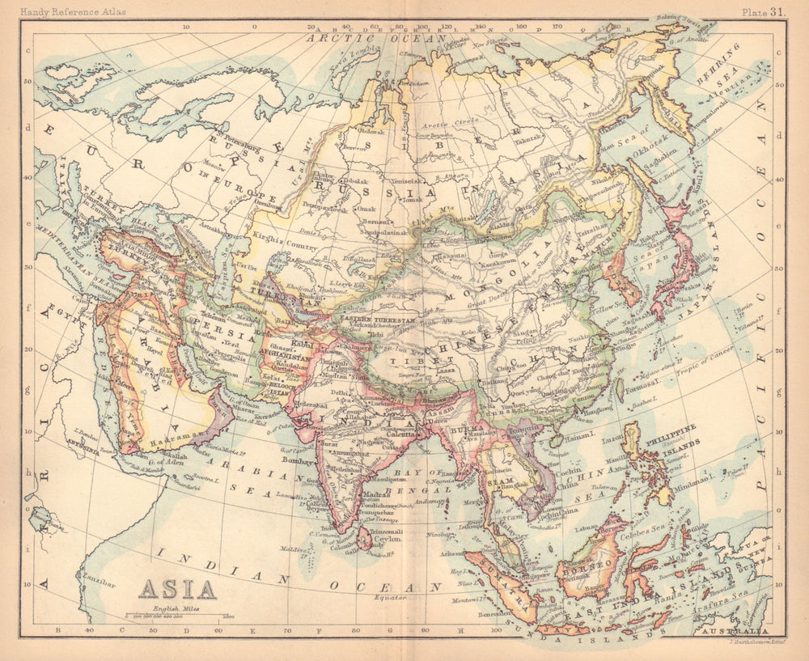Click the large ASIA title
click(x=178, y=589)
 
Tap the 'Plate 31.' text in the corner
click(x=764, y=11)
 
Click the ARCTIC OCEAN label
click(x=376, y=37)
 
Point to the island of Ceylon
click(x=365, y=538)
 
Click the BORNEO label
click(x=586, y=569)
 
